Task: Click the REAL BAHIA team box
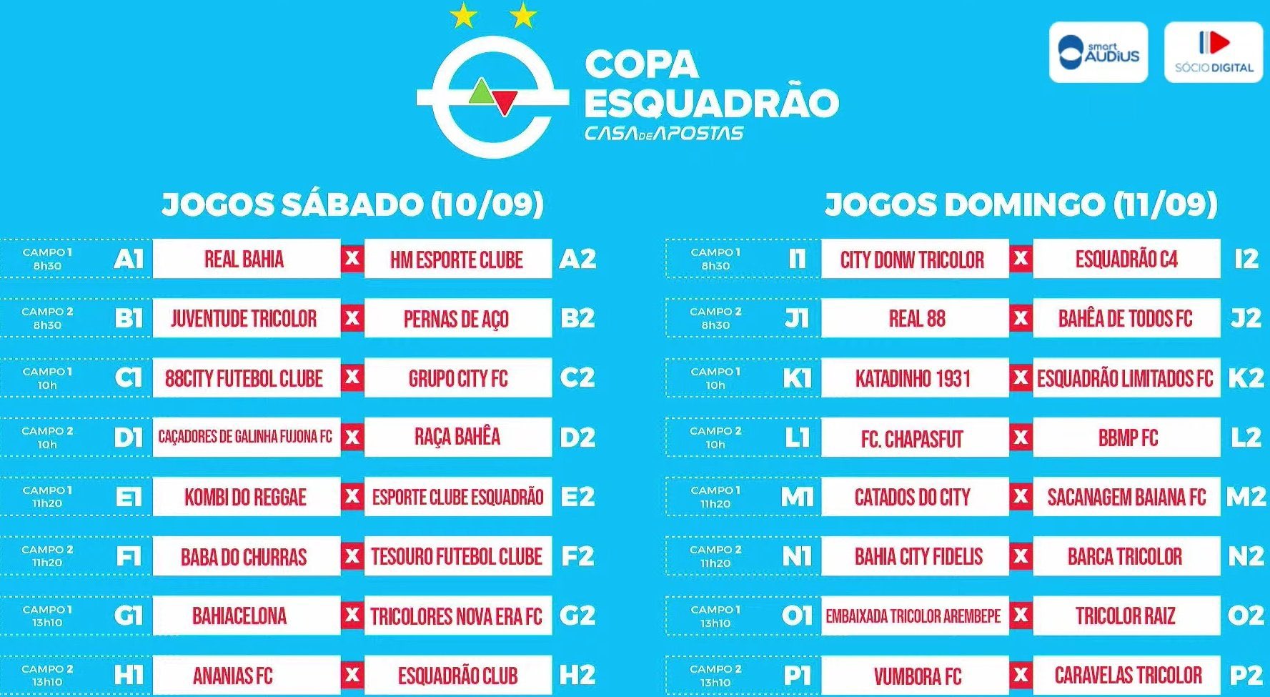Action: [245, 259]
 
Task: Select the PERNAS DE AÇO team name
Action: [457, 318]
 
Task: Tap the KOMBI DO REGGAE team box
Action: [245, 497]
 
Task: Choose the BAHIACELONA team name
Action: [239, 616]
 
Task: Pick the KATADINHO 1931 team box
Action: [913, 377]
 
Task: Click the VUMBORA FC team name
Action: [917, 675]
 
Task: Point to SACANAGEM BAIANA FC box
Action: [1126, 497]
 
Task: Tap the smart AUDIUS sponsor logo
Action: [1098, 52]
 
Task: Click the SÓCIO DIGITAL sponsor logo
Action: [1214, 52]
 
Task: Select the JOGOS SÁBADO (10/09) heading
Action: [352, 204]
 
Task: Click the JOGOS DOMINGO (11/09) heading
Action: [1021, 204]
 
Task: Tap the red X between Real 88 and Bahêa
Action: [1021, 318]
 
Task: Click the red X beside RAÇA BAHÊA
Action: [352, 437]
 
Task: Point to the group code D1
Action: [129, 438]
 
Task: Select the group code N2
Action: [1246, 556]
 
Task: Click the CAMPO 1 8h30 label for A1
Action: [47, 259]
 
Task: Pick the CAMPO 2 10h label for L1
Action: [715, 438]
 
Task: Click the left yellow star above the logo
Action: [464, 16]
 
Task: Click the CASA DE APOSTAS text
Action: [664, 134]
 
